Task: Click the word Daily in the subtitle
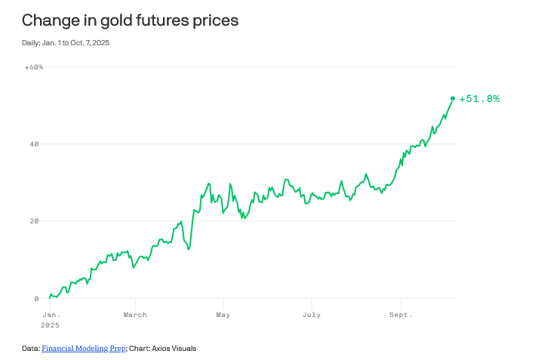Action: pyautogui.click(x=31, y=42)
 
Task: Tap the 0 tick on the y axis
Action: pyautogui.click(x=36, y=299)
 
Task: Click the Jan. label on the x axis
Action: pyautogui.click(x=51, y=315)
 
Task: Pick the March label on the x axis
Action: pyautogui.click(x=135, y=315)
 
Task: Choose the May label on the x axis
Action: pyautogui.click(x=223, y=315)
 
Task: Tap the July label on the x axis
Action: pyautogui.click(x=310, y=315)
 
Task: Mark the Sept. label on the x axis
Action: pyautogui.click(x=401, y=315)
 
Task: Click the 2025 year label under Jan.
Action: pyautogui.click(x=51, y=325)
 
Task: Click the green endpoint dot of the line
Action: pyautogui.click(x=453, y=98)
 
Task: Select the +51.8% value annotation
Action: pyautogui.click(x=479, y=99)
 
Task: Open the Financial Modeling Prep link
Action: pyautogui.click(x=83, y=349)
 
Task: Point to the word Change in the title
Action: pyautogui.click(x=48, y=21)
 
